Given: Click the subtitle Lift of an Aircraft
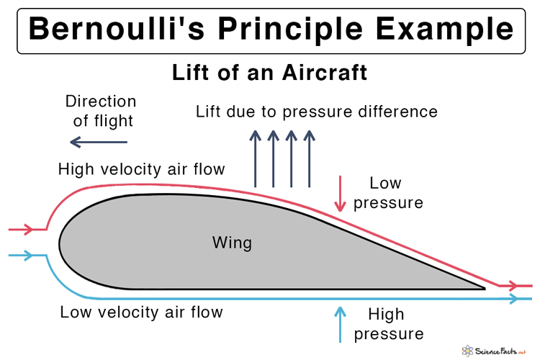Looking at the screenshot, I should pos(269,73).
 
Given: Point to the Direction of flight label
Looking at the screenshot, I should pos(100,110).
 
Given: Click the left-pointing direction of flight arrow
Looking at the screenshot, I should pos(99,143).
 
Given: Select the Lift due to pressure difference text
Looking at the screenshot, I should pos(317,112).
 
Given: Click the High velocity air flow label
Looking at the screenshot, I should pos(142,169).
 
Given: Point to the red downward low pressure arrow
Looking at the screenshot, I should pos(339,194).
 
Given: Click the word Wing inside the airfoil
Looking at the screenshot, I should pos(232,243).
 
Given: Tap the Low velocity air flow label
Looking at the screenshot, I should pos(141,312).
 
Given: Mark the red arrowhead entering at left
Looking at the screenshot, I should pos(28,230).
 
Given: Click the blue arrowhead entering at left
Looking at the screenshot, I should pos(28,255).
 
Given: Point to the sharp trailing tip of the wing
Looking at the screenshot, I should pos(483,288).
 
